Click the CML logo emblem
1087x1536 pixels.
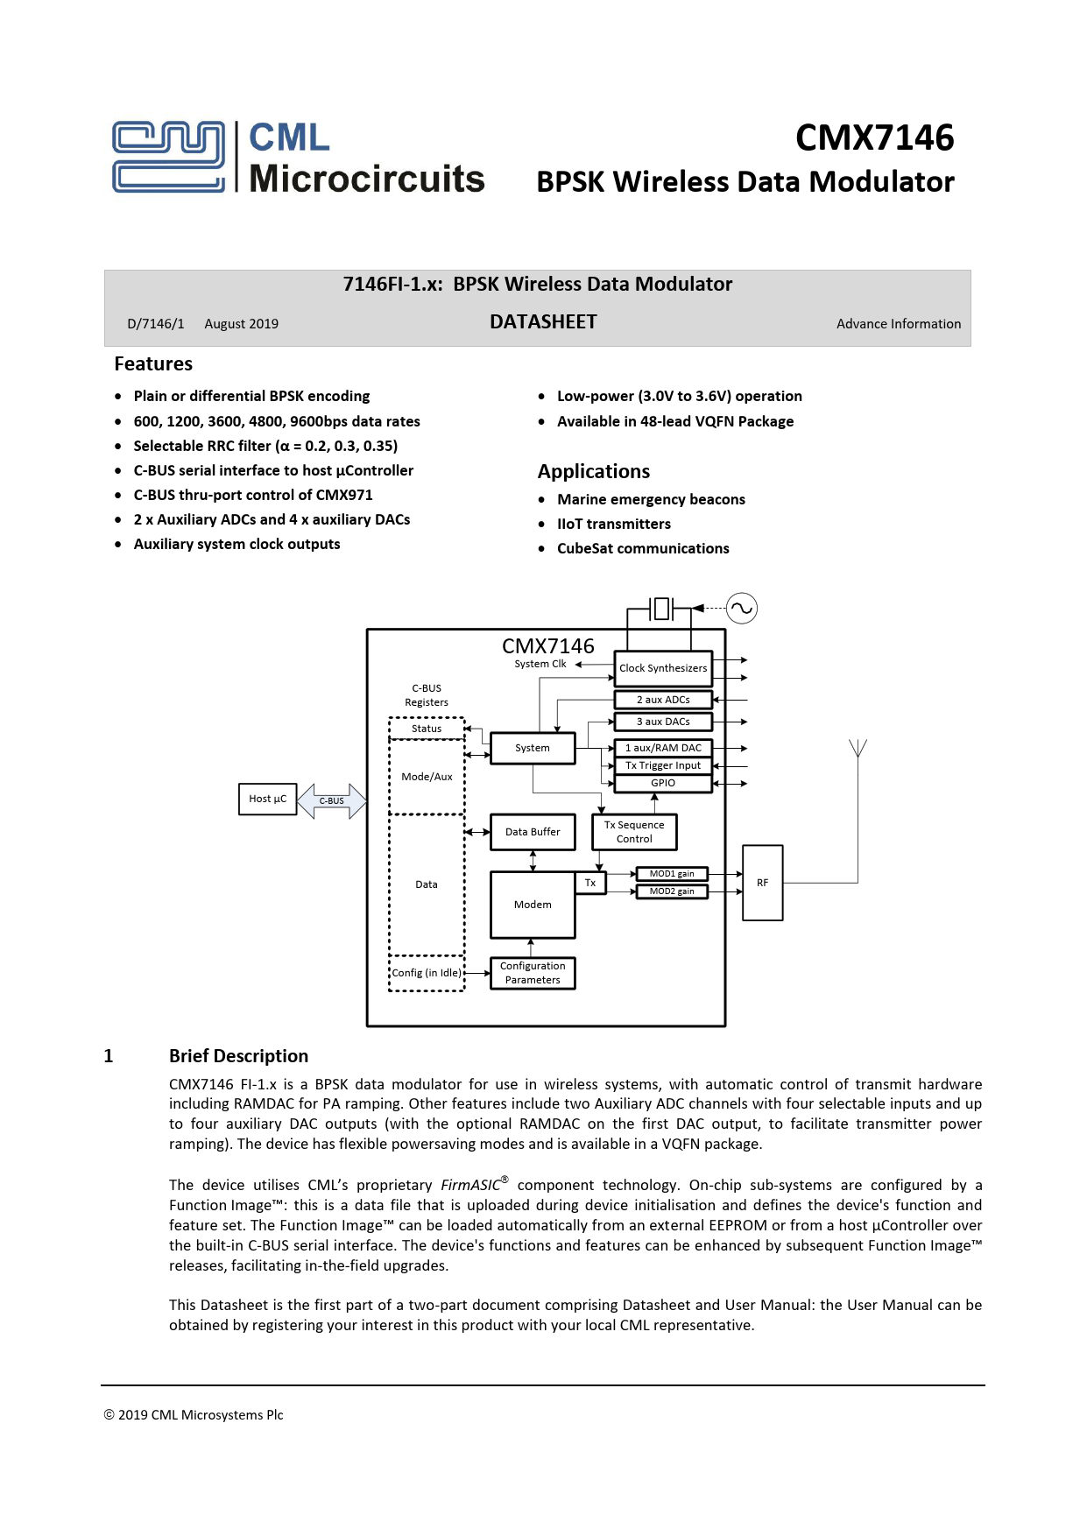point(168,157)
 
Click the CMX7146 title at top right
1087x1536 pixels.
point(874,137)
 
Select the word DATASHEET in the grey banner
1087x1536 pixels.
point(543,322)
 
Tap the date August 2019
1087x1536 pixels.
point(241,324)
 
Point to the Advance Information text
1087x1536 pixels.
point(898,324)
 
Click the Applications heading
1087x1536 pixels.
point(593,471)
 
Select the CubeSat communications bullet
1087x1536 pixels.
point(643,548)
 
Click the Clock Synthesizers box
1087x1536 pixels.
point(663,668)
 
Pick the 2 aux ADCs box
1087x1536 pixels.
point(663,700)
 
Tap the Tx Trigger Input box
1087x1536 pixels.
point(663,765)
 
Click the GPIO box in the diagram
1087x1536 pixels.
point(663,783)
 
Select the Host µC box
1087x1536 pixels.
point(267,799)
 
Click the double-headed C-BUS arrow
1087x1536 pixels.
point(332,800)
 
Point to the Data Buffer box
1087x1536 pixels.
point(533,832)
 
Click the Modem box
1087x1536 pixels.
point(533,905)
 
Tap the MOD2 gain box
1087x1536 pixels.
point(672,891)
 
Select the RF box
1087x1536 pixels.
point(762,883)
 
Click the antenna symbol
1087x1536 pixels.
point(858,749)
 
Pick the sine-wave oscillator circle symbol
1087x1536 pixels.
point(742,608)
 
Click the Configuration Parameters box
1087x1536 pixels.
point(533,973)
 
